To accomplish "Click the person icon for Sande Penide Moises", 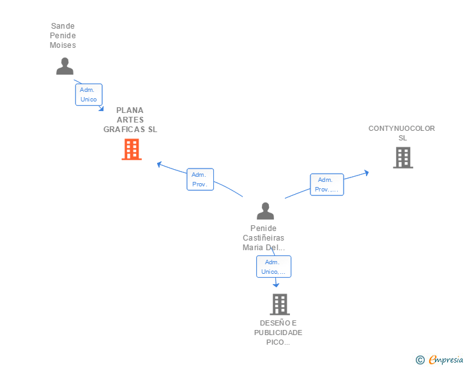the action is [x=65, y=66].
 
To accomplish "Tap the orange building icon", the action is [x=132, y=149].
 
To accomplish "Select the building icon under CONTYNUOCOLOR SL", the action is [x=403, y=158].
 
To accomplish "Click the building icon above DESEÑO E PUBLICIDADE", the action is [x=280, y=304].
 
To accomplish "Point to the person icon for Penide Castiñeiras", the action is [x=266, y=211].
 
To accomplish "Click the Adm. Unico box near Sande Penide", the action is [x=89, y=94].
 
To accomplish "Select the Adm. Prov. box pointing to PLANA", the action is [x=200, y=179].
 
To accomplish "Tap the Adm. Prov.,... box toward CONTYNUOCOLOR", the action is [x=327, y=184].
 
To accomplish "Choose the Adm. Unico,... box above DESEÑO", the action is [x=274, y=267].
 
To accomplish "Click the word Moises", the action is [x=63, y=45].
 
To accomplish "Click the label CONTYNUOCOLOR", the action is [x=402, y=128].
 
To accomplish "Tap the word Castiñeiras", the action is [x=263, y=237].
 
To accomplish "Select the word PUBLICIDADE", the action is [x=278, y=333].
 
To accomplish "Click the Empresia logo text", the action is [x=446, y=359].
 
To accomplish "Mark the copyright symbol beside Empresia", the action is [x=420, y=360].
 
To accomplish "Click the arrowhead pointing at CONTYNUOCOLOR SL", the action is [x=367, y=173].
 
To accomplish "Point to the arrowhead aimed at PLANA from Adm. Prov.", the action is [x=160, y=164].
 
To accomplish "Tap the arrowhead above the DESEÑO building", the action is [x=276, y=285].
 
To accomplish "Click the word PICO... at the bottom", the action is [x=278, y=342].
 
